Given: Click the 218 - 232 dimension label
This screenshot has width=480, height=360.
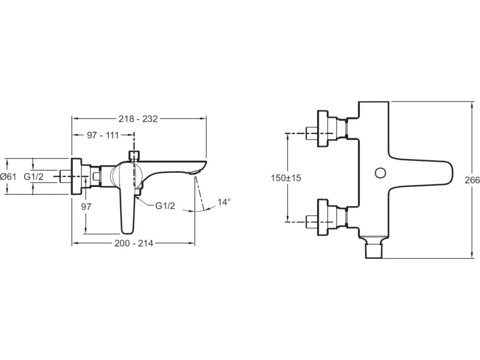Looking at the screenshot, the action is (138, 119).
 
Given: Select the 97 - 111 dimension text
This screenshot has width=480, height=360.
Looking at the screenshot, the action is (103, 135).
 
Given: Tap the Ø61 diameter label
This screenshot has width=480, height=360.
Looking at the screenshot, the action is (8, 177).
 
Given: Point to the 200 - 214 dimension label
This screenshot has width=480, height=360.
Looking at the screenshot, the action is (134, 243).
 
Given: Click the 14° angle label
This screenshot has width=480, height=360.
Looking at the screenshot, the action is (224, 202).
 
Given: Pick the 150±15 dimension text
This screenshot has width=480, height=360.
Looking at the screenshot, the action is (286, 178).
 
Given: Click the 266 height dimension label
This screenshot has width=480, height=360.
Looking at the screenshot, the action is (473, 180).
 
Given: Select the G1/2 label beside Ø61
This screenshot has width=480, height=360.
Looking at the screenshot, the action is (34, 177).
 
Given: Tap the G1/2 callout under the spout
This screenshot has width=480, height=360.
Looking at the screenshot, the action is (165, 206).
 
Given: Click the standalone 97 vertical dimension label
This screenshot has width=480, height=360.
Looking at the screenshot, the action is (86, 207).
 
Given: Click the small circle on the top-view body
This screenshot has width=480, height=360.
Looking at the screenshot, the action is (381, 173).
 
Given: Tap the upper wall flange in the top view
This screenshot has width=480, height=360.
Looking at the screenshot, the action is (323, 129).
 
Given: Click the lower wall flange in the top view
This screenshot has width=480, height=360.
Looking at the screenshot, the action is (323, 217).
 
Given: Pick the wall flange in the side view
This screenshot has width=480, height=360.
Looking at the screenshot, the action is (77, 177).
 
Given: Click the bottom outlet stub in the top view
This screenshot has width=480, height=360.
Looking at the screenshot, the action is (374, 251).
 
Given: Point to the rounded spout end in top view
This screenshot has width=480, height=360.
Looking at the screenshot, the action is (451, 172).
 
